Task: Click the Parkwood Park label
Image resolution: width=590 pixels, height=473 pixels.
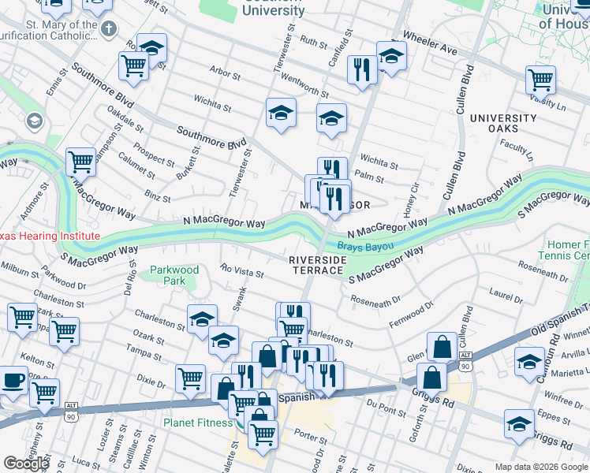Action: (x=174, y=275)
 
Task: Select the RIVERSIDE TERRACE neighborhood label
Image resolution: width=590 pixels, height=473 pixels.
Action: (x=317, y=264)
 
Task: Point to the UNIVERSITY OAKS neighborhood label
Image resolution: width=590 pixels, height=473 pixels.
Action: (x=504, y=123)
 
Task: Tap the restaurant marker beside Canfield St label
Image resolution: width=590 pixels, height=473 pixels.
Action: (x=362, y=69)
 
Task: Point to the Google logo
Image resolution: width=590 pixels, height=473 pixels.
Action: (x=26, y=463)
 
